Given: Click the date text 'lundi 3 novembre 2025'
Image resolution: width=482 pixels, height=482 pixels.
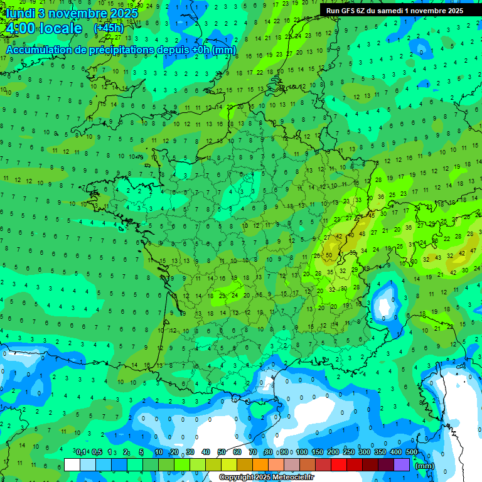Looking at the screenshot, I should [x=70, y=13].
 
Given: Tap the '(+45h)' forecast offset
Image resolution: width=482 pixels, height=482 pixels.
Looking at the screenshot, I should [x=109, y=28].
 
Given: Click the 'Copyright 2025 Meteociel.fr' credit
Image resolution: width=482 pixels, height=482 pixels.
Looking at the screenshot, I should [x=267, y=478].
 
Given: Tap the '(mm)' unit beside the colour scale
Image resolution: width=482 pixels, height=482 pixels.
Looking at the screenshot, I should [x=425, y=465].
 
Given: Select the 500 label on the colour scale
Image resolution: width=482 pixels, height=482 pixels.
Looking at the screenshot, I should [x=412, y=453].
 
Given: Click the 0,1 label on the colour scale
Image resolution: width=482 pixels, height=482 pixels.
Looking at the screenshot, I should [x=81, y=453].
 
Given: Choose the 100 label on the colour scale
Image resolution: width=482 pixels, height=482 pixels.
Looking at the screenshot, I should [x=302, y=453].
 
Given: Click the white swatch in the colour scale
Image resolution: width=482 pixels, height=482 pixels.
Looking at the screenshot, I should [x=72, y=464].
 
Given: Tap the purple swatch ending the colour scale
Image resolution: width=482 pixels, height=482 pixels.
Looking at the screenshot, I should [x=402, y=464].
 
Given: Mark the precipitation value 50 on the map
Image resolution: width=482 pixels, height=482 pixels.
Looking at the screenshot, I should [x=329, y=255].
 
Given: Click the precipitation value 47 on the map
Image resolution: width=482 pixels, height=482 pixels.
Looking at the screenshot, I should [x=473, y=250].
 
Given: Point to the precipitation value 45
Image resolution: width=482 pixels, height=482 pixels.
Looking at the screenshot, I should [x=371, y=215].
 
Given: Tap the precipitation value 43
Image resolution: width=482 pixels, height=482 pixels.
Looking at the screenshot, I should [x=439, y=257].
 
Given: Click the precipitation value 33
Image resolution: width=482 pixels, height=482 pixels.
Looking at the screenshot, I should [x=358, y=200].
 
